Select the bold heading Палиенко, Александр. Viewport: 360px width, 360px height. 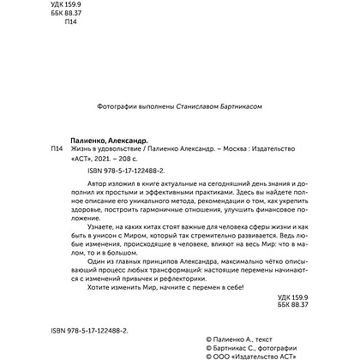(109, 138)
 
